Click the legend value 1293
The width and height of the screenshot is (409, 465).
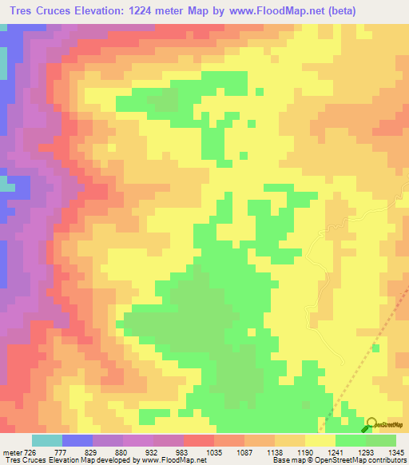point(367,451)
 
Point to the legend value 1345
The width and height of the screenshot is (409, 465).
point(397,451)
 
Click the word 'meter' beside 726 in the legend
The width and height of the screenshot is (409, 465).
point(14,451)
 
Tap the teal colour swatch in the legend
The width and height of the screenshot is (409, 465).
point(47,440)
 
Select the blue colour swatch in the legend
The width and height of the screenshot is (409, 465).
point(77,440)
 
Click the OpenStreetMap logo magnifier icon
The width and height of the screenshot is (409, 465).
point(372,424)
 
